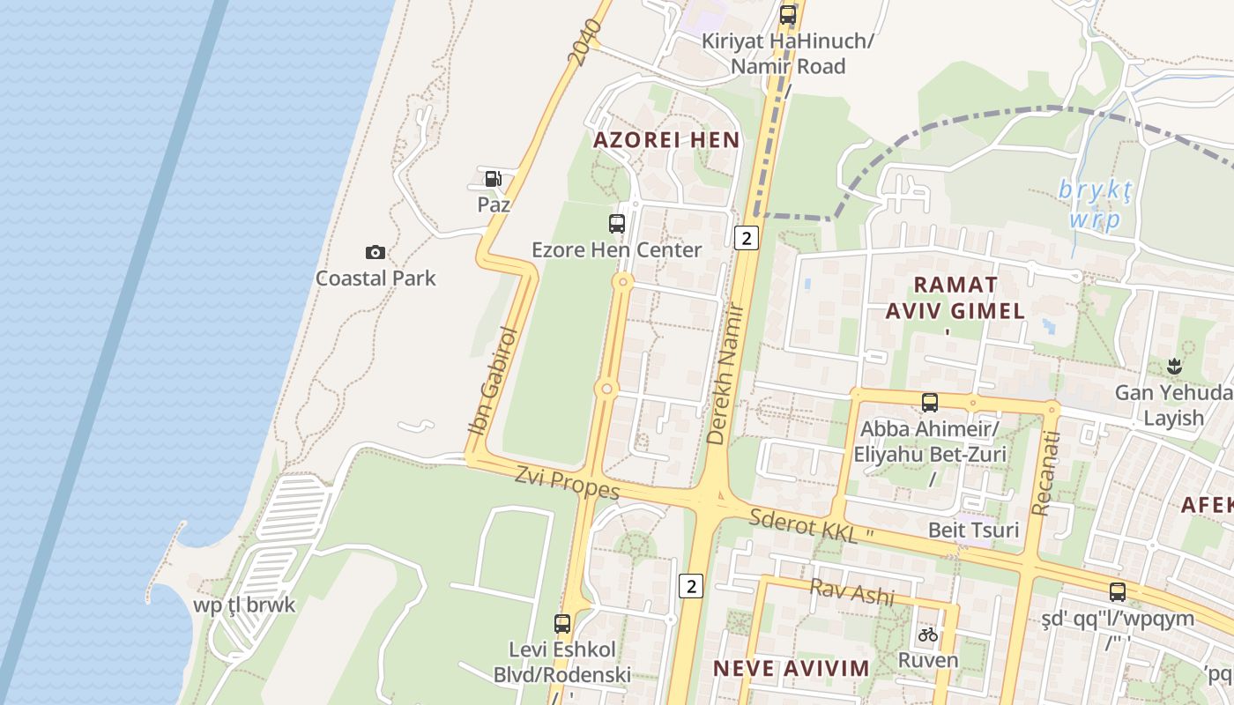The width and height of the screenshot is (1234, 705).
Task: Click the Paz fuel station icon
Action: pos(493,178)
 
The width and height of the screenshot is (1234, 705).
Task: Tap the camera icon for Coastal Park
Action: pos(375,253)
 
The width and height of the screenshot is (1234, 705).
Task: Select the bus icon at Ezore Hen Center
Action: pos(617,224)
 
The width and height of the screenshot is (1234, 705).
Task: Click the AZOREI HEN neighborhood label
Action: pos(666,140)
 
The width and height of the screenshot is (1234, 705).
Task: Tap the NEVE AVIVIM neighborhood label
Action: pos(791,668)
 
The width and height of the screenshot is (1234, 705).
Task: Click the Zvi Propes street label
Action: pos(568,481)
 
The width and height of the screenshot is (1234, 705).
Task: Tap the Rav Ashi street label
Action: pos(851,591)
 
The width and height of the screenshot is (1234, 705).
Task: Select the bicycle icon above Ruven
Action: pos(928,634)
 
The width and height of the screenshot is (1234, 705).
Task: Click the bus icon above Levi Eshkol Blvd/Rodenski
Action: pos(562,624)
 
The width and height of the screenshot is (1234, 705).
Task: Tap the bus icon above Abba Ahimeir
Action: pos(929,403)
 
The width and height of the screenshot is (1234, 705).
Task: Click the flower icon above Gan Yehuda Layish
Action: pos(1173,366)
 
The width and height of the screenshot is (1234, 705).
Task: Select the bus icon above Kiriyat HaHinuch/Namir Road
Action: pos(788,15)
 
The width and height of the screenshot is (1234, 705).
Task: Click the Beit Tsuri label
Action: pos(973,530)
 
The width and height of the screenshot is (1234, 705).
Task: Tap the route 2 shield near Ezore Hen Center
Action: pos(747,237)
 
